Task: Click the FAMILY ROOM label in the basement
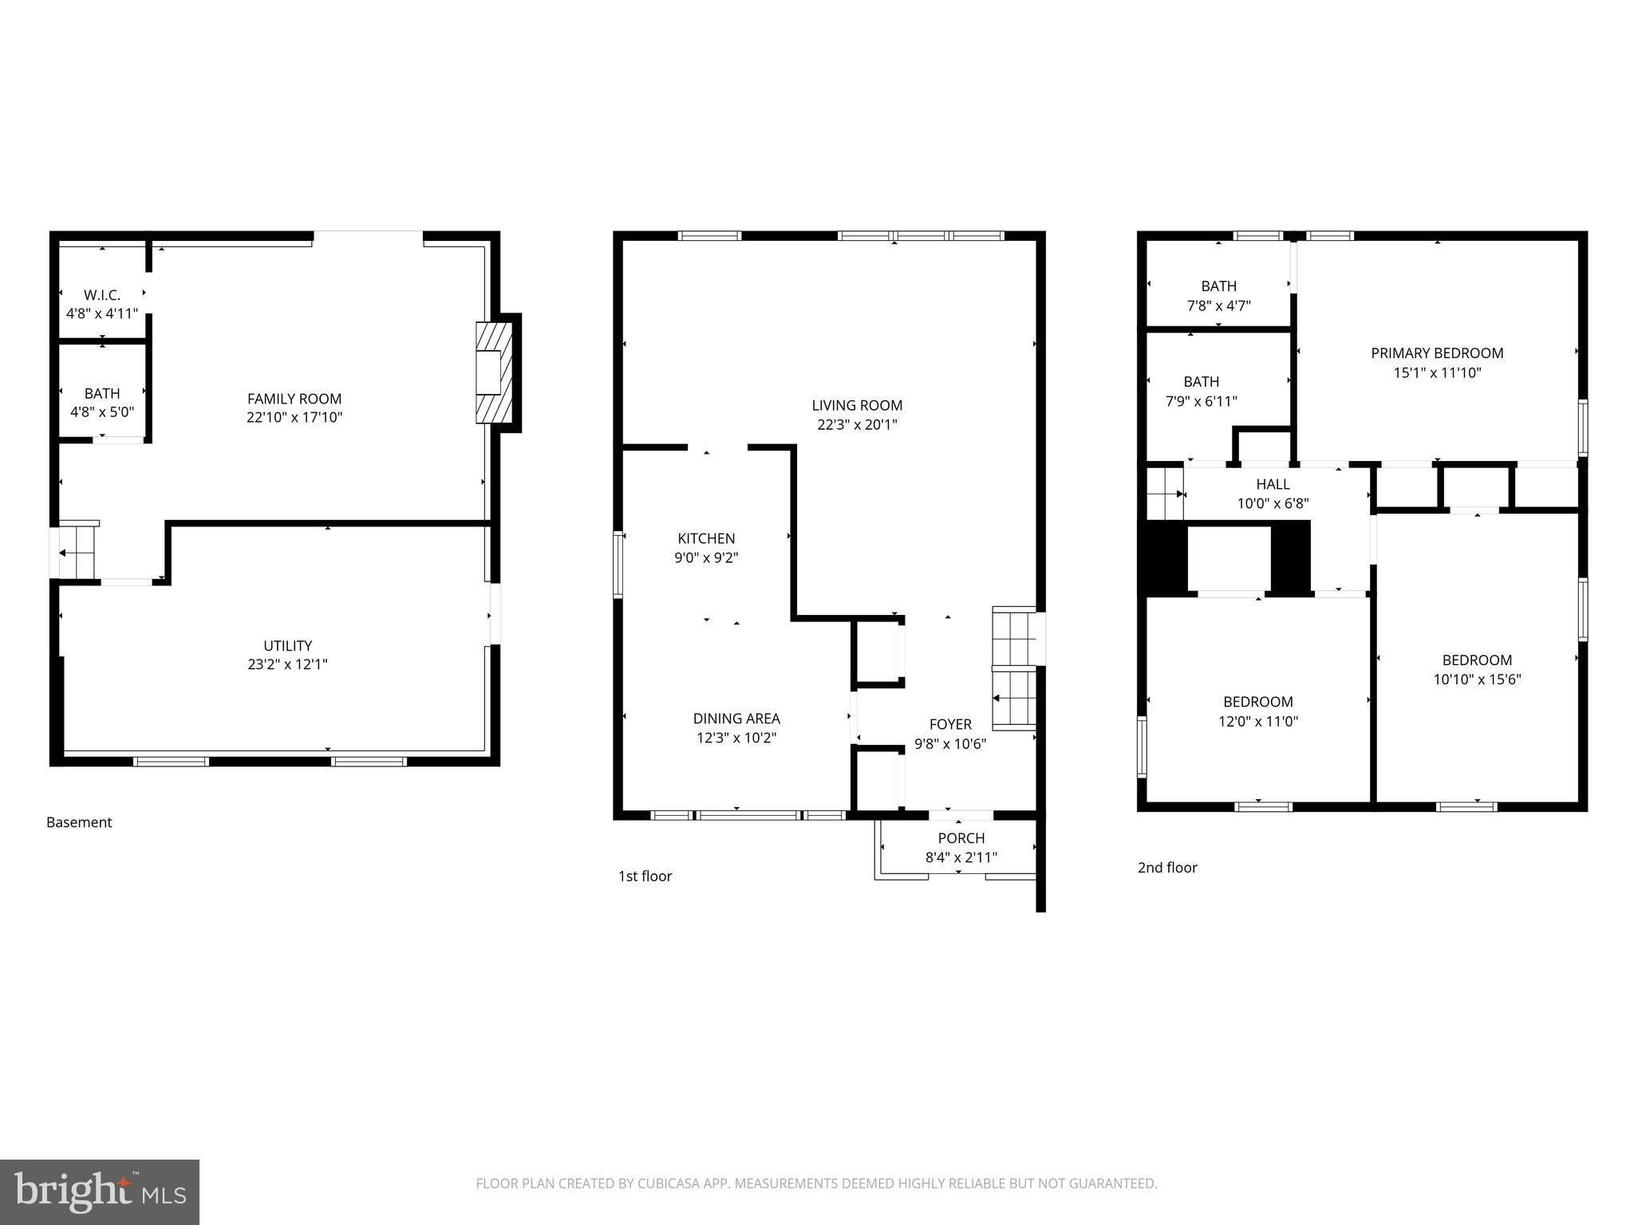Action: click(x=294, y=399)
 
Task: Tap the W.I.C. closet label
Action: click(x=102, y=295)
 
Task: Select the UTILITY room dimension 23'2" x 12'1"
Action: click(x=287, y=664)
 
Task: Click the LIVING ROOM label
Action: click(x=857, y=405)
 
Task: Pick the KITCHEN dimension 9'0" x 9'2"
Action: click(x=706, y=558)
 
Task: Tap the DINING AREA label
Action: click(x=736, y=719)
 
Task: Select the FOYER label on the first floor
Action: click(x=950, y=724)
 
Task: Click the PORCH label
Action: click(x=961, y=838)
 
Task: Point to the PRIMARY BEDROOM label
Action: click(x=1437, y=353)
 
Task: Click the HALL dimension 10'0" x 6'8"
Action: click(x=1273, y=504)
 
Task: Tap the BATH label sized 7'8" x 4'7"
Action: click(x=1218, y=286)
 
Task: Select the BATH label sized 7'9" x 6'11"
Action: click(x=1201, y=382)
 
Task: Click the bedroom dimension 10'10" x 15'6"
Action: click(x=1477, y=679)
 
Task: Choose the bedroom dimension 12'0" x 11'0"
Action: click(x=1257, y=722)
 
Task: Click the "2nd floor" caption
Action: click(x=1166, y=868)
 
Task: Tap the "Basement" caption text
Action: click(x=79, y=822)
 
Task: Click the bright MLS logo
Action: click(x=100, y=1192)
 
